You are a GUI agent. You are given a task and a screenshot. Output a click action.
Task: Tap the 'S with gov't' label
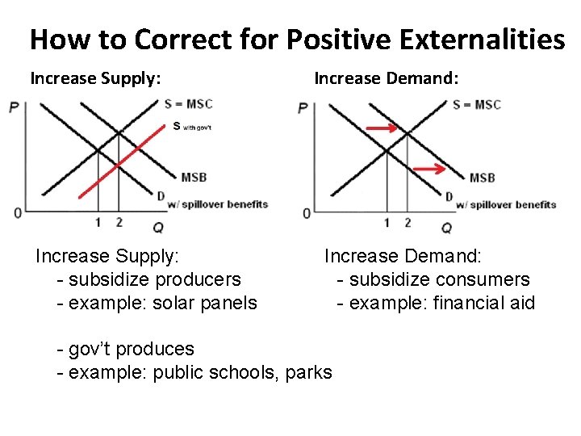192,126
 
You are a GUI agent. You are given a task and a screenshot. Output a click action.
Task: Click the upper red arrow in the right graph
383,128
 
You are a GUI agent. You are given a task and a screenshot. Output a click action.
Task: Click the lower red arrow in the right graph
429,169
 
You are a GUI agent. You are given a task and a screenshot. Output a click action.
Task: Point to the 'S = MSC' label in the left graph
189,104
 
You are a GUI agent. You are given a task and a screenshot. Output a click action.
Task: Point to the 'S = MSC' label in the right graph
476,105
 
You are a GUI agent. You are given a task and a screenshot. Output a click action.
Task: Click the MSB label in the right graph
483,178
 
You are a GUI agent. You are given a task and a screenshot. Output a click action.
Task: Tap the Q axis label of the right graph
446,228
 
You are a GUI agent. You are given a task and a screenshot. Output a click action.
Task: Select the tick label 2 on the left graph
119,222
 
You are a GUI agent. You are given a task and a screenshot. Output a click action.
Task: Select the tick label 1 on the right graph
387,223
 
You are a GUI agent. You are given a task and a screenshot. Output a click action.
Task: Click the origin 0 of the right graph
306,214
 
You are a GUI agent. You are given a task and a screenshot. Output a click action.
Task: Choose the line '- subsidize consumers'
433,279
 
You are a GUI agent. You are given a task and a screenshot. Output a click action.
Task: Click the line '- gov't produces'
126,349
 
